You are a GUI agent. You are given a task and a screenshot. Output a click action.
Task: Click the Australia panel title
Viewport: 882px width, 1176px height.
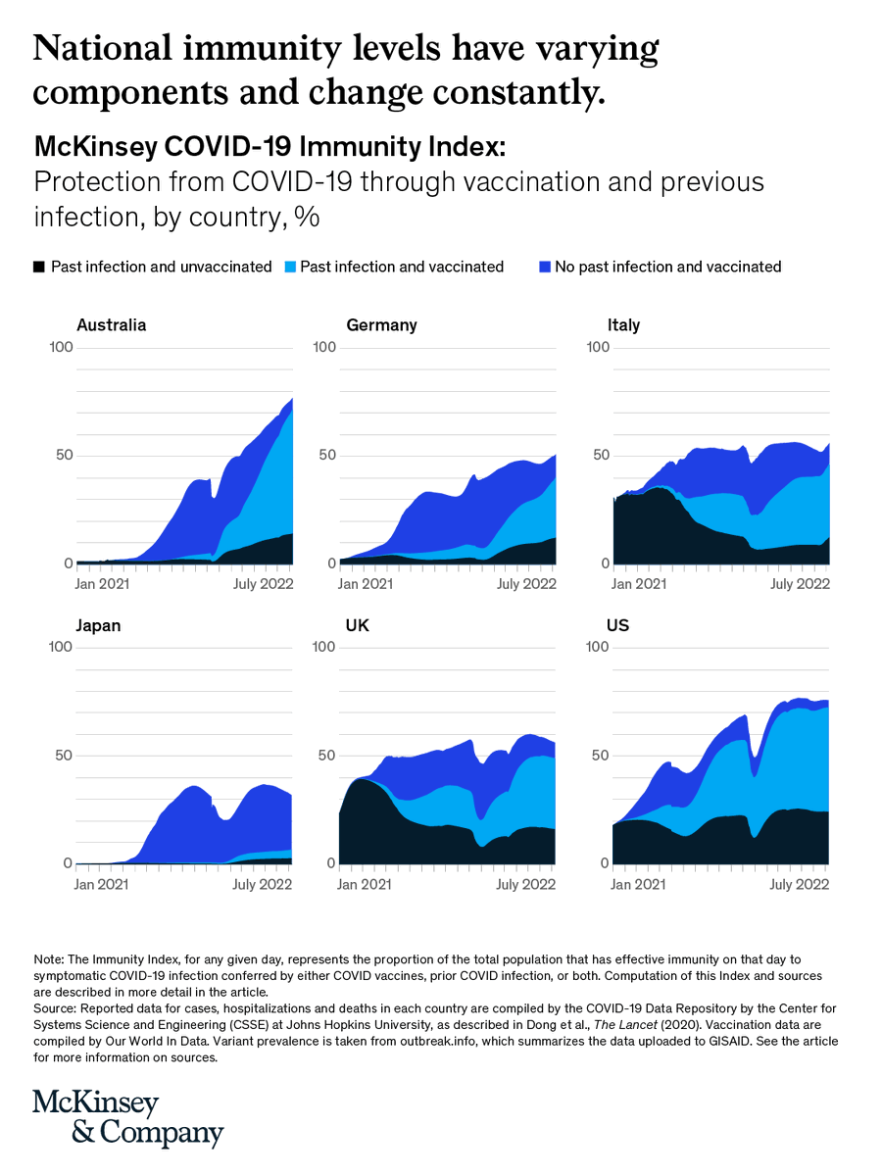tap(112, 325)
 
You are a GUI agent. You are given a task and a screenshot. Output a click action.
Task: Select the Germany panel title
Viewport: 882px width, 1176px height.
tap(381, 325)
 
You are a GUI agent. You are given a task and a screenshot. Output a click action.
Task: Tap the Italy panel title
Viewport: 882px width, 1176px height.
tap(623, 325)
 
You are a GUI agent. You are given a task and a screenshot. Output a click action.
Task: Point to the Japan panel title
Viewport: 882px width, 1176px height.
tap(98, 625)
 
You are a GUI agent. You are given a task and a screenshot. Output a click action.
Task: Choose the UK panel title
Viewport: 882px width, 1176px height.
tap(359, 625)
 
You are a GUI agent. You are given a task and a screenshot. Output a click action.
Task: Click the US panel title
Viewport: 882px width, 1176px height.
tap(619, 625)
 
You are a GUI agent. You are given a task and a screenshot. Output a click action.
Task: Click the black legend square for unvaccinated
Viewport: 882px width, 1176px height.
tap(39, 267)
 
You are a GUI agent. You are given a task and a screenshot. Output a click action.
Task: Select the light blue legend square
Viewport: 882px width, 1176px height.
tap(288, 267)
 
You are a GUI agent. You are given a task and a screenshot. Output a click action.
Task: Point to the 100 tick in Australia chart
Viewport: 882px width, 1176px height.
tap(61, 348)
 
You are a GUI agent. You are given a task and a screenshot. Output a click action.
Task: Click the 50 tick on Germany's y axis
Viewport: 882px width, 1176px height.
tap(325, 456)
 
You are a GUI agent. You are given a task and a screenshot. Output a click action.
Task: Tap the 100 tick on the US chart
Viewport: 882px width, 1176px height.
tap(598, 647)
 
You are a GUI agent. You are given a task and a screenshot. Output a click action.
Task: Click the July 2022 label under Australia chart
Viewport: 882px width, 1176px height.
tap(264, 585)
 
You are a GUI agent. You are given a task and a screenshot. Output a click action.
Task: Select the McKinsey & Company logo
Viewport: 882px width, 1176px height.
tap(128, 1117)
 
